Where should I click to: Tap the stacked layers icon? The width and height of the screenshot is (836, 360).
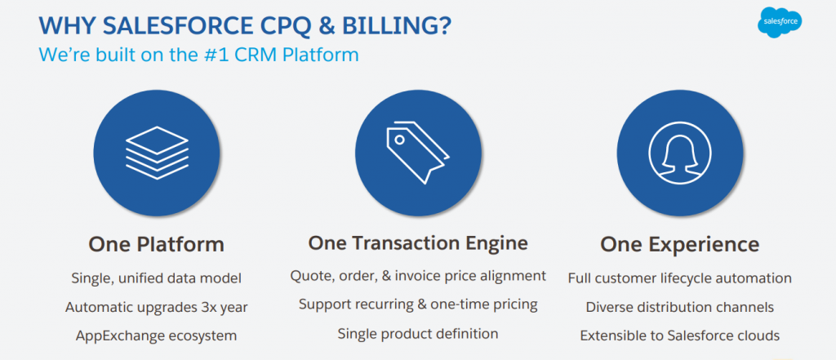(x=157, y=153)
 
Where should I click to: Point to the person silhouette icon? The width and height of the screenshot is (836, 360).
(x=680, y=153)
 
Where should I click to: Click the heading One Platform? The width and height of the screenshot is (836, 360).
(x=156, y=245)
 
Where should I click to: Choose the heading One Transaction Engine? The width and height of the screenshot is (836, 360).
(x=418, y=243)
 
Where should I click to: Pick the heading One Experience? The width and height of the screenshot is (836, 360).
(x=680, y=245)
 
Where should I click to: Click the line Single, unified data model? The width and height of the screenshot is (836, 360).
(x=156, y=278)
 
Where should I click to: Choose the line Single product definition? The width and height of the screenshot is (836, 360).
(x=418, y=334)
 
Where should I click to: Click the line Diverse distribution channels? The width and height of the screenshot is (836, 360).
(x=680, y=307)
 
